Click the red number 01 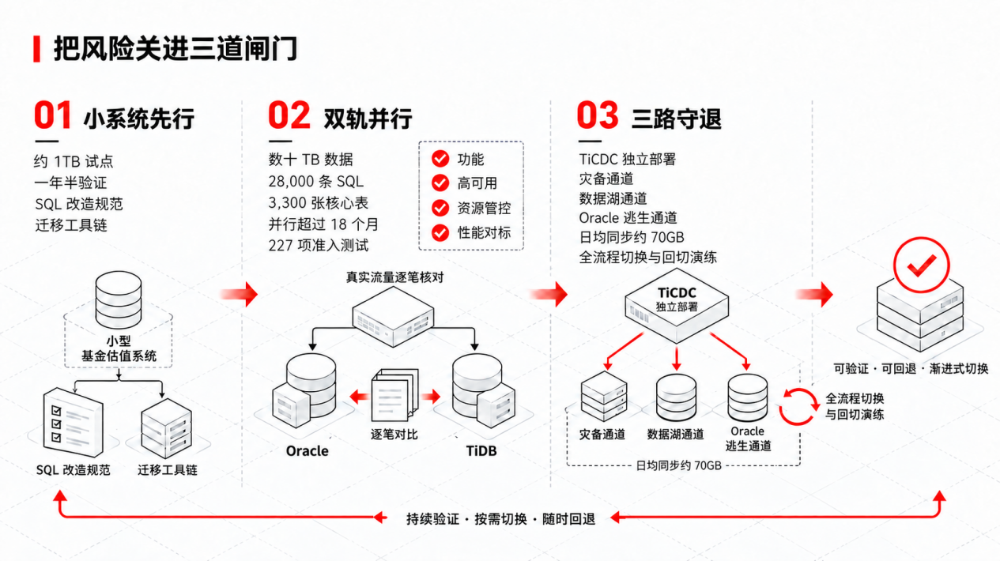(x=53, y=115)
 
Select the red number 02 (x=289, y=115)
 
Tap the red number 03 (x=598, y=115)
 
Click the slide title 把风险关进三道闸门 (x=175, y=49)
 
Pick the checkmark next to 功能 (x=440, y=159)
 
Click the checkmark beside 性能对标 (x=440, y=232)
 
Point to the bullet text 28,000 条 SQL (x=316, y=181)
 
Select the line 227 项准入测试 (x=319, y=246)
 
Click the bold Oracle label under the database (x=308, y=450)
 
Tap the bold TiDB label (x=481, y=450)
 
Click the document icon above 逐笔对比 (x=394, y=394)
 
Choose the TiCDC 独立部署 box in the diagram (x=677, y=306)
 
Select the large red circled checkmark (x=921, y=265)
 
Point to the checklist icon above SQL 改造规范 (x=73, y=422)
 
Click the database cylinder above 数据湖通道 (x=676, y=397)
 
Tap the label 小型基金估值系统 (x=119, y=348)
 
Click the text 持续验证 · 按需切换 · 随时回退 (x=500, y=519)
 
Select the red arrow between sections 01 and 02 (x=240, y=294)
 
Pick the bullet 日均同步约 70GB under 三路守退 (x=632, y=237)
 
